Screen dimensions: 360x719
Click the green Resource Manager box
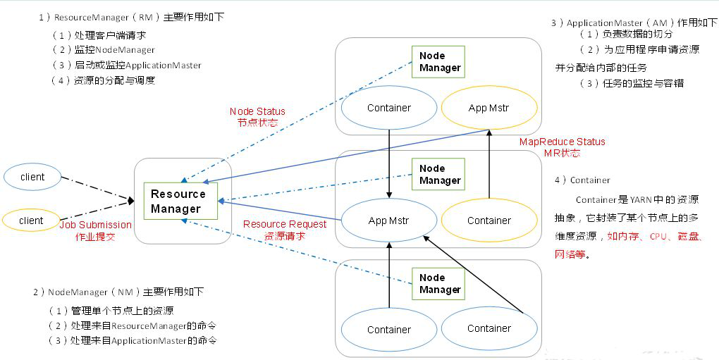click(x=178, y=201)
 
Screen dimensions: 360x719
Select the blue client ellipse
click(x=32, y=177)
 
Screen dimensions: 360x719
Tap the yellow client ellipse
click(x=32, y=221)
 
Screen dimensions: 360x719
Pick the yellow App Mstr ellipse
click(x=488, y=108)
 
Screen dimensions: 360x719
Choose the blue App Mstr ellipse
click(x=388, y=221)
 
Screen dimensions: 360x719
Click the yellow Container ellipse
click(x=488, y=221)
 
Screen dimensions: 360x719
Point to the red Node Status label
click(x=257, y=111)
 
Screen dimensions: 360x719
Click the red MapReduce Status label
click(x=562, y=142)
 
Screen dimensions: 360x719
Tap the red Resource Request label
click(x=285, y=224)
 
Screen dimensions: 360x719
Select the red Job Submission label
click(x=95, y=225)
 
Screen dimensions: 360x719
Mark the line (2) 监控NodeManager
click(x=104, y=50)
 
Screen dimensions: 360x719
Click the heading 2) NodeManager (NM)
click(x=118, y=292)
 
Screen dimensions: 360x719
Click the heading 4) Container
click(x=582, y=180)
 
